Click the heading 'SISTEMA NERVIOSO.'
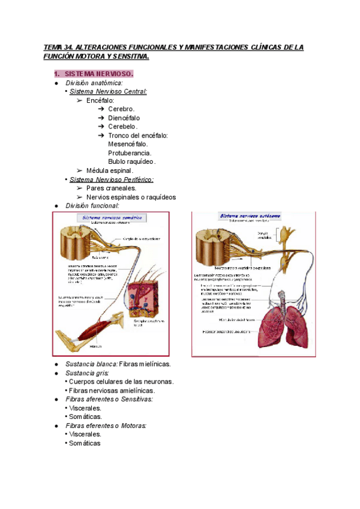(x=99, y=73)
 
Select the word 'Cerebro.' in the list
(x=121, y=109)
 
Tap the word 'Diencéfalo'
(x=126, y=118)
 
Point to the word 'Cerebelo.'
(x=123, y=127)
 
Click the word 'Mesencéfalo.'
(x=128, y=144)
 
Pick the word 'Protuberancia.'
(x=130, y=153)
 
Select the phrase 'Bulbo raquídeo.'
(x=132, y=161)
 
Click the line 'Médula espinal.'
(x=110, y=170)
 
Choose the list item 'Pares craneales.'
(x=111, y=188)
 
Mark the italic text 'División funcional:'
(x=92, y=205)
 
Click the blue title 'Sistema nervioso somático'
(x=111, y=217)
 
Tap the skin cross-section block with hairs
(x=144, y=297)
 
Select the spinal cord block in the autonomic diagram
(x=214, y=243)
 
